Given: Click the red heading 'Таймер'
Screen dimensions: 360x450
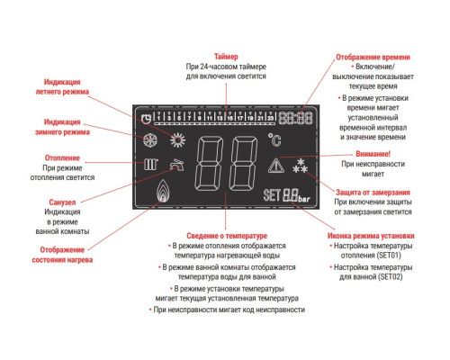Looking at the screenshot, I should point(226,56).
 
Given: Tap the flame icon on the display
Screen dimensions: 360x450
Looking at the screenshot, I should point(162,193).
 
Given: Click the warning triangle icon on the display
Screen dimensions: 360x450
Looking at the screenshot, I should point(276,165).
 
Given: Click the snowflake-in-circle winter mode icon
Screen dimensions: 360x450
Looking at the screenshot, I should point(149,141).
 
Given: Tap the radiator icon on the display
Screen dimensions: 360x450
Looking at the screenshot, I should point(150,166).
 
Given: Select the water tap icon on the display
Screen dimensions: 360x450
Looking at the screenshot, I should point(177,166).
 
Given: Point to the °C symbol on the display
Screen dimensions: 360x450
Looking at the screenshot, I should point(275,139).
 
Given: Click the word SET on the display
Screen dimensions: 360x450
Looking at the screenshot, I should point(271,195).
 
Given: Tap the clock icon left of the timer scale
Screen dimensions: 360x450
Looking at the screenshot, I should point(147,118).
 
